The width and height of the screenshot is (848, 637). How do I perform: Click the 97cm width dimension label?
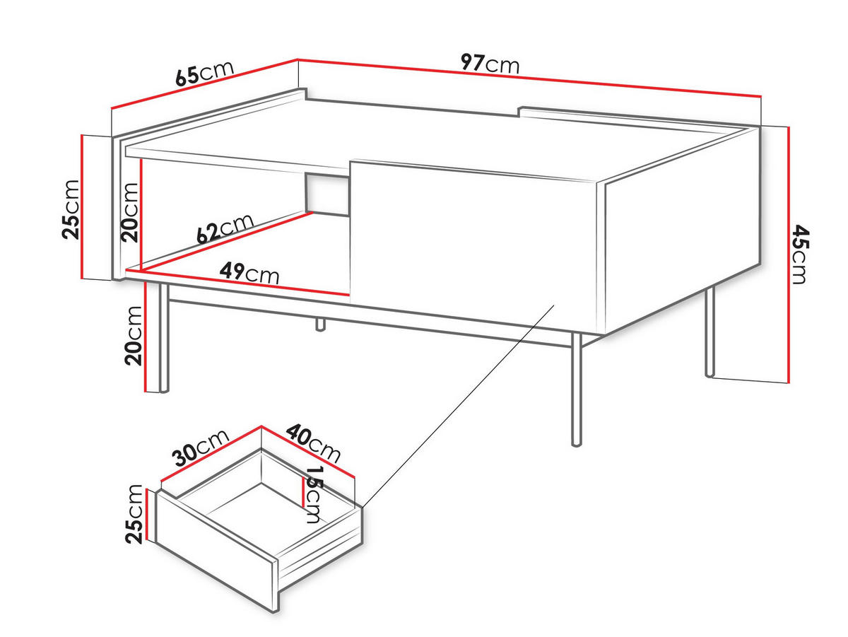490,64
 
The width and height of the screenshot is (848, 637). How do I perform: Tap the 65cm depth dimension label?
204,73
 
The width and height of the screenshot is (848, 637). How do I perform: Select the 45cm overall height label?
799,255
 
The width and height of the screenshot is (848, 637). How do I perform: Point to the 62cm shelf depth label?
225,229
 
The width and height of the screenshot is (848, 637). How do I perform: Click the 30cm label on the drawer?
201,448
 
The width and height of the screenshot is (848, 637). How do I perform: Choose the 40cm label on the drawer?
313,443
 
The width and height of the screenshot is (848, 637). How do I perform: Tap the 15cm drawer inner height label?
313,494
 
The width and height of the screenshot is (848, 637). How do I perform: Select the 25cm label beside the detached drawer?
134,514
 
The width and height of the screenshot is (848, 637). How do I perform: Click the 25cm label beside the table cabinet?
71,209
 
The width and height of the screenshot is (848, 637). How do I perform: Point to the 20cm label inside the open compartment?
129,213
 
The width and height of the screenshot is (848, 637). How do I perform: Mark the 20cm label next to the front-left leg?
134,336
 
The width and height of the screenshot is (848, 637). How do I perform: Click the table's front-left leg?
164,338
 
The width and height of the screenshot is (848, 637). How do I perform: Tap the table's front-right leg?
577,390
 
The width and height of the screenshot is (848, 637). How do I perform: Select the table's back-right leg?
709,332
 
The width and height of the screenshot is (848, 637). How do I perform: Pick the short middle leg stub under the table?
320,325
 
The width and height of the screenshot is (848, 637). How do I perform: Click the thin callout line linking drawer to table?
459,406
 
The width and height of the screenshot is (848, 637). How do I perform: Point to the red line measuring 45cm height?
788,255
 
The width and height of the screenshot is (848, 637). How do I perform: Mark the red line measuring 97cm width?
529,77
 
